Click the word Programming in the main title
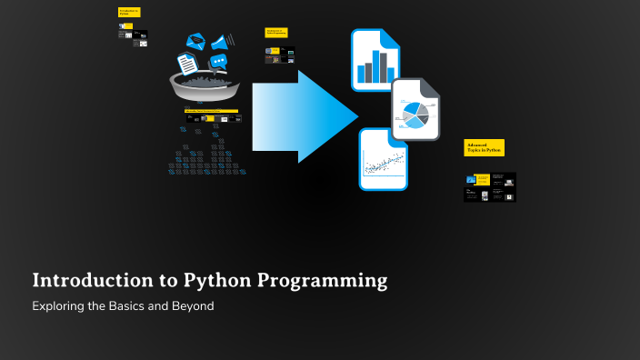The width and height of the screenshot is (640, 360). click(323, 281)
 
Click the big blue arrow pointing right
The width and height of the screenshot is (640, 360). click(305, 115)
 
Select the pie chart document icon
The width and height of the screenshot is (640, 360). click(415, 111)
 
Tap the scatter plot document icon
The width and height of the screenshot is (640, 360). click(383, 160)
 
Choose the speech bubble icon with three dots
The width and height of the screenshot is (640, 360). click(218, 61)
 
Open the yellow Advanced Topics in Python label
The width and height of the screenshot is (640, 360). click(484, 147)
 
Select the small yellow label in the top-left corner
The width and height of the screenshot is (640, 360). click(129, 12)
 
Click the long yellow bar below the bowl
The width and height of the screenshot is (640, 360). click(211, 111)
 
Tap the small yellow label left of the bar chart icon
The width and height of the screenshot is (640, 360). click(276, 32)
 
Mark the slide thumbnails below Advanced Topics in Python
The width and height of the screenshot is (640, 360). click(489, 187)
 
